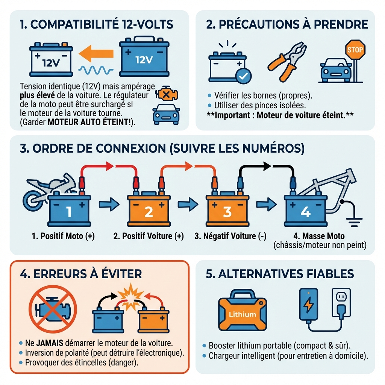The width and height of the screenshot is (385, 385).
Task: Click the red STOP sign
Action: click(355, 50)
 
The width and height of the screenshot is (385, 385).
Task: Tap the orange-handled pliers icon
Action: click(287, 62)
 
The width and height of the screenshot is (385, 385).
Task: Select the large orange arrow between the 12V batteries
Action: click(96, 54)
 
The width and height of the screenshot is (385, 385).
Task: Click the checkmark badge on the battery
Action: click(243, 76)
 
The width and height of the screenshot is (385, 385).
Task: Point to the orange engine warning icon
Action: click(167, 94)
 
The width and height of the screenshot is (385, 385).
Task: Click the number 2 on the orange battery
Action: click(149, 212)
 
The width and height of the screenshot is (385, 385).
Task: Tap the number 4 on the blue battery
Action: click(306, 212)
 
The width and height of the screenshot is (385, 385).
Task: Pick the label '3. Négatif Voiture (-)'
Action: click(230, 236)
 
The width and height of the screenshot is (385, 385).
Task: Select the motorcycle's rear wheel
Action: click(32, 201)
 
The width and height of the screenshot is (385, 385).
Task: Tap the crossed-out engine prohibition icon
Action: click(53, 309)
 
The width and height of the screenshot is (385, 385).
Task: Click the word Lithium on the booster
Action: click(243, 315)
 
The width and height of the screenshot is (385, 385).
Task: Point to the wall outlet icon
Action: click(341, 303)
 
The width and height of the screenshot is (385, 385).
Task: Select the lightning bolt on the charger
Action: click(308, 304)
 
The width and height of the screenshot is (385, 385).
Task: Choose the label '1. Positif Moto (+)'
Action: click(63, 236)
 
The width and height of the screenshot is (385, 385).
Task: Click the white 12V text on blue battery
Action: click(144, 60)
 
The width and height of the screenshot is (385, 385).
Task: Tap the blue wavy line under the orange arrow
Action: click(96, 70)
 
